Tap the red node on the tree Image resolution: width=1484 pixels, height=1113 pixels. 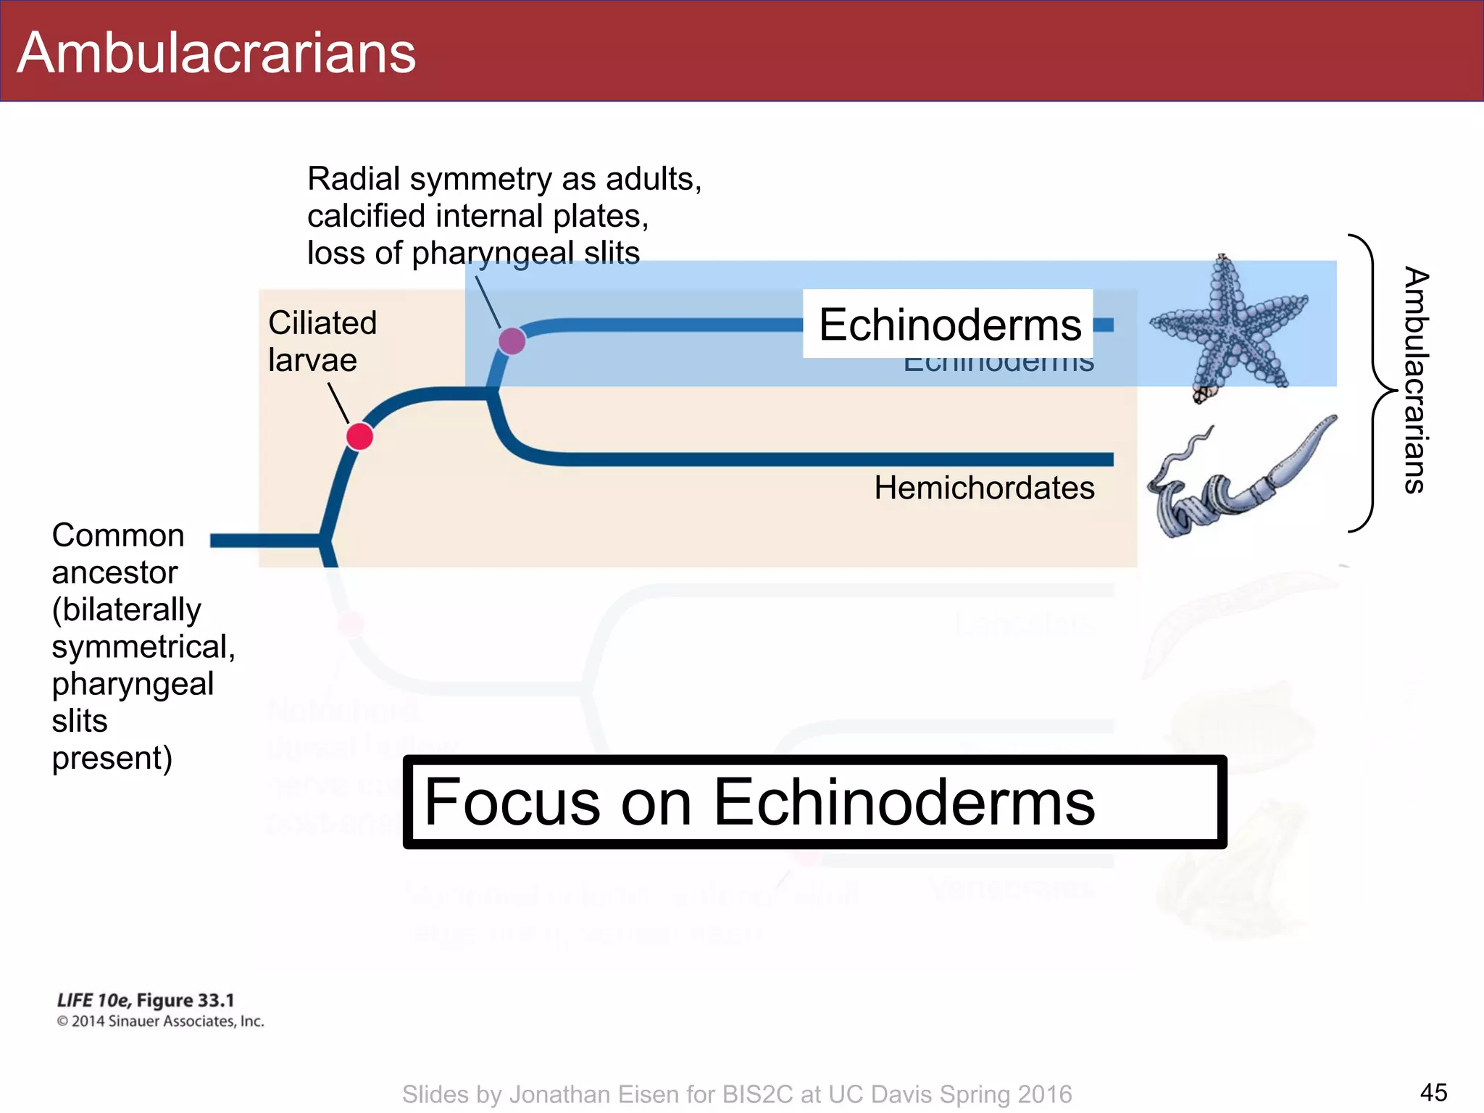point(359,437)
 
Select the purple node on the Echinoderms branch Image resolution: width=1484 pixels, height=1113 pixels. point(512,341)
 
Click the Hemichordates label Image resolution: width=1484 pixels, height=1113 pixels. point(984,488)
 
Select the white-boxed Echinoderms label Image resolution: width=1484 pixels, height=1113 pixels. point(949,325)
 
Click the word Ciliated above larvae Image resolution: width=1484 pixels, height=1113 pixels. point(322,323)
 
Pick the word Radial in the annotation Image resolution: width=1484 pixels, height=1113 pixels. point(354,179)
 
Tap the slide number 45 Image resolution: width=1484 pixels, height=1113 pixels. point(1433,1092)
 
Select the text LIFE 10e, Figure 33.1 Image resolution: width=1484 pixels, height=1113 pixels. point(146,1001)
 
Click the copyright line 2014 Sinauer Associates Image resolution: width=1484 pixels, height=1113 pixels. point(160,1022)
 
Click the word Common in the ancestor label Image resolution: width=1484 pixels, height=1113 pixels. point(118,535)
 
